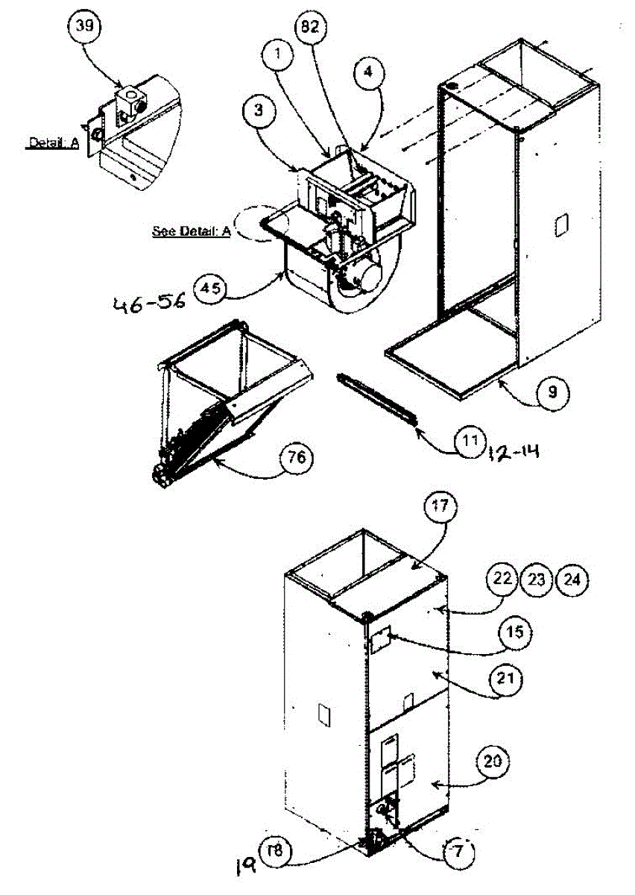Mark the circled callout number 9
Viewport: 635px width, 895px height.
552,391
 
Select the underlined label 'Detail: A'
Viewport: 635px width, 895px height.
53,143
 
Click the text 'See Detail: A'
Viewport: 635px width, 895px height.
192,230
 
